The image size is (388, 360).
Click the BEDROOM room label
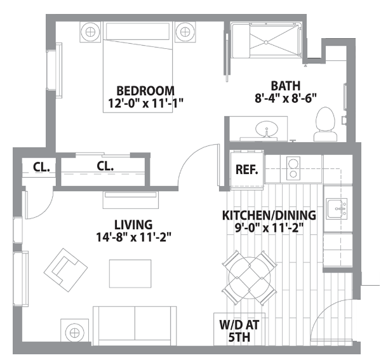(145, 91)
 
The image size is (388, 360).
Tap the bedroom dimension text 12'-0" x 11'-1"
(145, 103)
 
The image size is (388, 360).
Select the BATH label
(286, 86)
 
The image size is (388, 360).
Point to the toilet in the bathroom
(325, 124)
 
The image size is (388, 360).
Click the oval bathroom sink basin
(267, 129)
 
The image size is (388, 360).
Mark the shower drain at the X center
(266, 43)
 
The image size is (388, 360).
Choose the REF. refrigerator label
(246, 170)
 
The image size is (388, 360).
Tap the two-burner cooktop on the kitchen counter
(293, 168)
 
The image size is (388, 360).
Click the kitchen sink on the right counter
(337, 209)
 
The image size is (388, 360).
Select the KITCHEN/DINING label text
(269, 215)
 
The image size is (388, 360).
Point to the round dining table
(250, 277)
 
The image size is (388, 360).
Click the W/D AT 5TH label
(239, 331)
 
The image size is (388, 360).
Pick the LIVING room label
(133, 225)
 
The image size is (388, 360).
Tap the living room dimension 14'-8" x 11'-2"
(133, 237)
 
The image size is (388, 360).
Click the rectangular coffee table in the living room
(130, 274)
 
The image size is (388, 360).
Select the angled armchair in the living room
(65, 270)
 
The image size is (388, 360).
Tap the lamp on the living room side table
(74, 333)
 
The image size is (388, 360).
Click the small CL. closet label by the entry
(41, 168)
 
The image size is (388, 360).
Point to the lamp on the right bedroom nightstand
(185, 32)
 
